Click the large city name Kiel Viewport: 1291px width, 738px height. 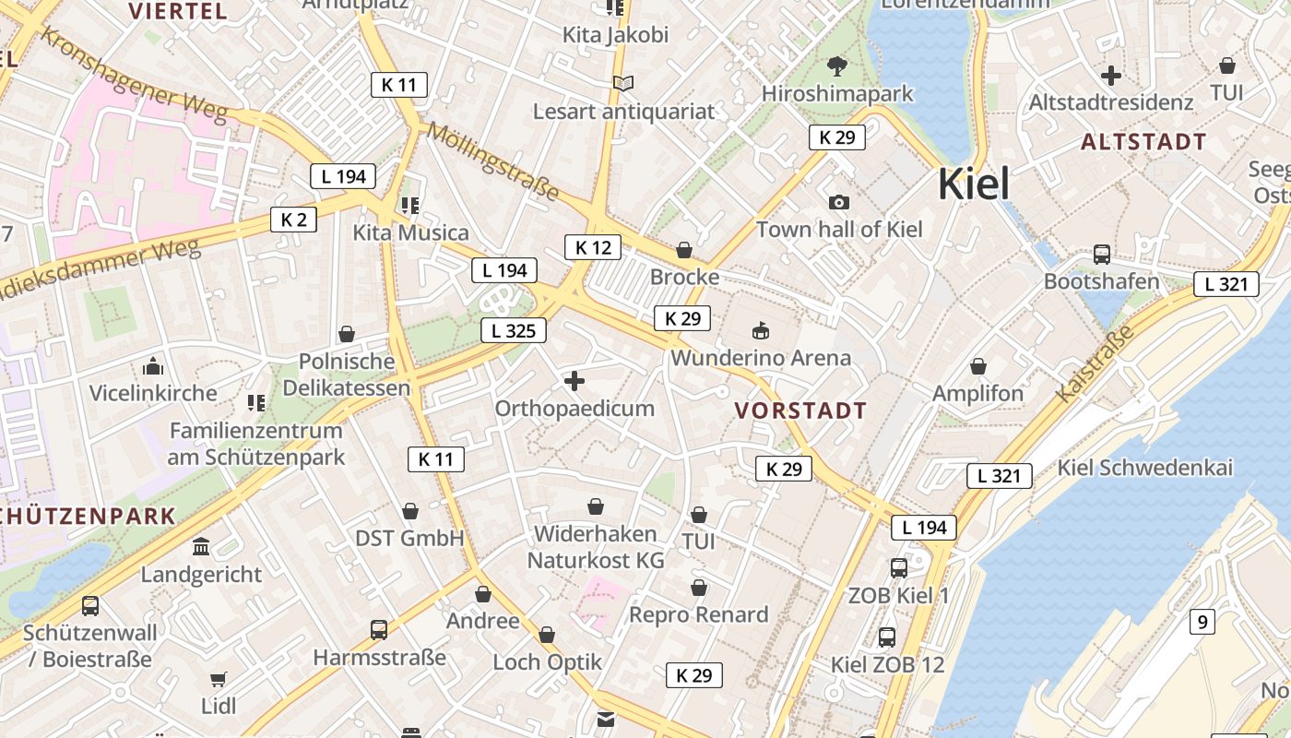click(x=974, y=184)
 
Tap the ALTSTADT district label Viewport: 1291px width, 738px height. click(x=1143, y=142)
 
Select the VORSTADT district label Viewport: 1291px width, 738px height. click(x=800, y=411)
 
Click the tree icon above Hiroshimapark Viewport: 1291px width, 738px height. click(x=837, y=65)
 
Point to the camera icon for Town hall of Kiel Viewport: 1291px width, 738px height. click(x=839, y=202)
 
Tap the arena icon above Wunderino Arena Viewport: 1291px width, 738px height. click(x=761, y=329)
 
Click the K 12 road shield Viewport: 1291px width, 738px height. click(x=593, y=247)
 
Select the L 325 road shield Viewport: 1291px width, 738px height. click(x=514, y=330)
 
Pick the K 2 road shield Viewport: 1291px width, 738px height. click(x=293, y=220)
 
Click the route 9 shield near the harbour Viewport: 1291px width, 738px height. click(x=1202, y=622)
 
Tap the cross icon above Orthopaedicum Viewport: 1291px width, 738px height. click(x=574, y=380)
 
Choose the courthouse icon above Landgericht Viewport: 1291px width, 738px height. click(x=201, y=547)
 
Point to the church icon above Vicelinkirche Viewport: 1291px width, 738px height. click(x=153, y=366)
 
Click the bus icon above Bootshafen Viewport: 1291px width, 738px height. click(x=1101, y=254)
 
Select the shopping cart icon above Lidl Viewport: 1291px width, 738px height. click(x=219, y=680)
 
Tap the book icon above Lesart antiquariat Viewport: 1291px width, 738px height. click(x=623, y=84)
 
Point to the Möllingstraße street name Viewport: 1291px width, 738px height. click(x=492, y=161)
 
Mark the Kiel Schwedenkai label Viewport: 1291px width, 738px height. click(x=1144, y=468)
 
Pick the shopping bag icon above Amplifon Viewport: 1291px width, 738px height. click(x=978, y=367)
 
